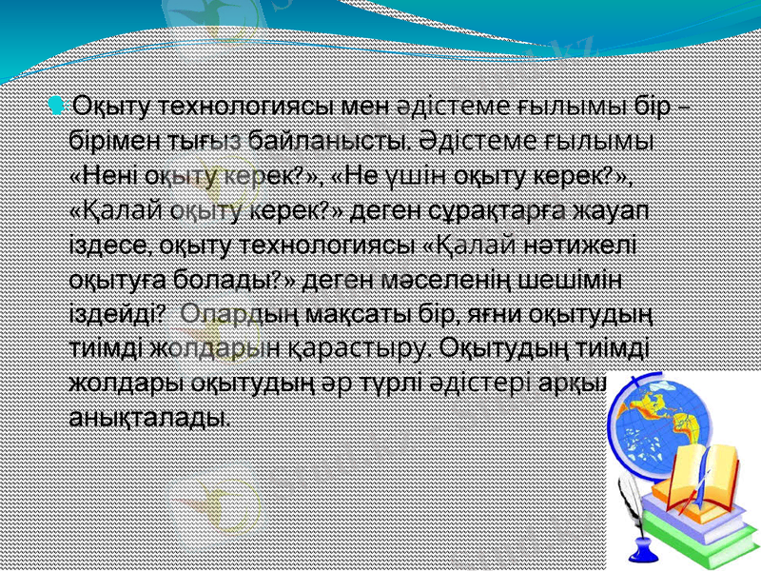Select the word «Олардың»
[224, 313]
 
